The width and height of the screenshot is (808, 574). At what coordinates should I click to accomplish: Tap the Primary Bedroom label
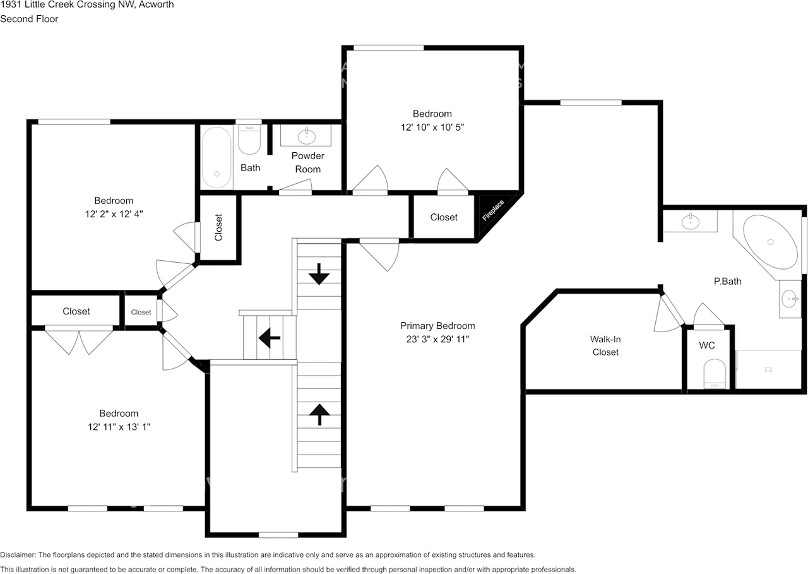437,326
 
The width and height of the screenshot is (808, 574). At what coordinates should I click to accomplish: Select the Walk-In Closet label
605,345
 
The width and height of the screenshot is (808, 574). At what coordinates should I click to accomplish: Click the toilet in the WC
715,374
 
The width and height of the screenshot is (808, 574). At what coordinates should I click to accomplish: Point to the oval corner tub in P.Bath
770,242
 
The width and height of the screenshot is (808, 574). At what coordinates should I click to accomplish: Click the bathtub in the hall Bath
217,157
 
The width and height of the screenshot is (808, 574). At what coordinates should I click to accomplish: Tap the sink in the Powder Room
307,136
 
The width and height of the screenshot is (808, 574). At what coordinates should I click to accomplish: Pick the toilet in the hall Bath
249,140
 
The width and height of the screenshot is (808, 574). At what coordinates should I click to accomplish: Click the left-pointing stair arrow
270,338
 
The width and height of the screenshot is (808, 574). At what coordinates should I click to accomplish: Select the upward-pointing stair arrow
319,414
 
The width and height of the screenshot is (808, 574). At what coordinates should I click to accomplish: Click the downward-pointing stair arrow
319,274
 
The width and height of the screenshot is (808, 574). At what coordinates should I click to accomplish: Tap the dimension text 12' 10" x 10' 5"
432,128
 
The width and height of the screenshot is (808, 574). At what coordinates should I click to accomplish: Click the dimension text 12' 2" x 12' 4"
114,214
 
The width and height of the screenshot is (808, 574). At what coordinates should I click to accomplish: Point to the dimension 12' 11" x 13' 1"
119,427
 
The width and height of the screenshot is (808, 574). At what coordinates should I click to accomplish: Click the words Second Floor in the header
29,19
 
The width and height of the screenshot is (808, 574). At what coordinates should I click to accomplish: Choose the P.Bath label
728,281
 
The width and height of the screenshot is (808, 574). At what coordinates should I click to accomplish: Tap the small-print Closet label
141,312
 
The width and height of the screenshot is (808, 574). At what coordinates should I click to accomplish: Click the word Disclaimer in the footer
18,555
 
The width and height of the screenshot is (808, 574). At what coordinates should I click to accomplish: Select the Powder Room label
307,162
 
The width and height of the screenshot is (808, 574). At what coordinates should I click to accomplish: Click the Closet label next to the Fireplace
444,217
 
